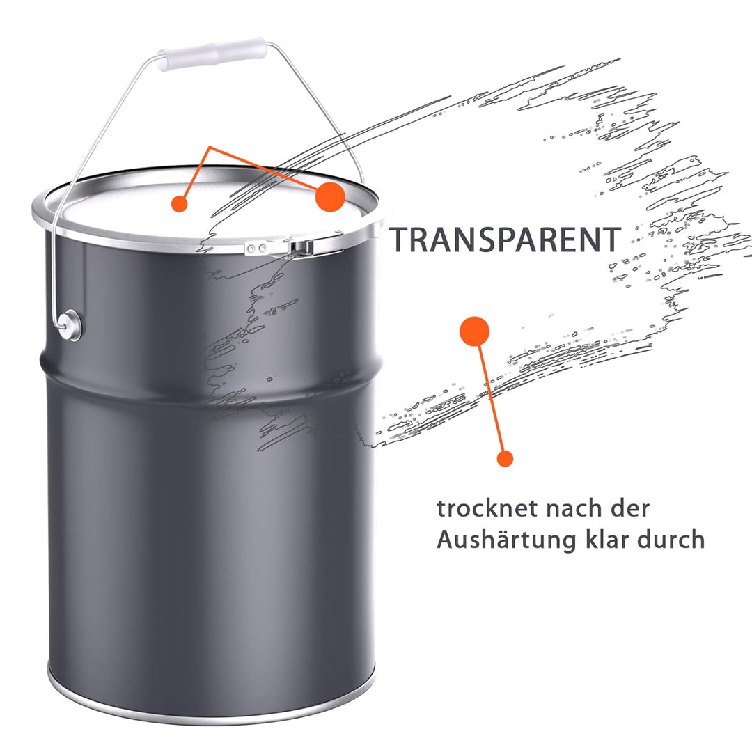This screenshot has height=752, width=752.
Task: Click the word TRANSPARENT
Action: (505, 240)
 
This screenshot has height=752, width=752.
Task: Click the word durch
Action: (671, 539)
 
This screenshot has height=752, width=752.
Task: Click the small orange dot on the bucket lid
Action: (179, 203)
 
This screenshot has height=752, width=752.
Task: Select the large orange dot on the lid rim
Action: (330, 196)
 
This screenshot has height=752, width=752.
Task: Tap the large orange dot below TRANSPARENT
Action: (474, 331)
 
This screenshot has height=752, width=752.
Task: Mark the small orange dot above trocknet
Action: (505, 458)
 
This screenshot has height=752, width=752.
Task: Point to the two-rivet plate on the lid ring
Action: (258, 248)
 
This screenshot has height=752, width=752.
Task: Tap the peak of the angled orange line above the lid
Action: (210, 147)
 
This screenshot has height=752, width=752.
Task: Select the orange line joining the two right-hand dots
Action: (489, 395)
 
